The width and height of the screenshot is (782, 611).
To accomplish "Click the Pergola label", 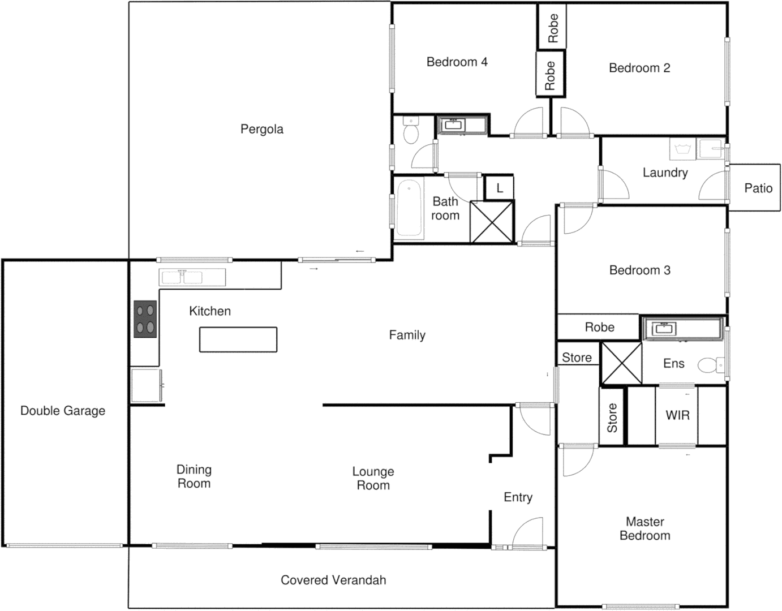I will coord(261,129).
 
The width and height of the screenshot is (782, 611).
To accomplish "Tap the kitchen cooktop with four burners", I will coord(145,319).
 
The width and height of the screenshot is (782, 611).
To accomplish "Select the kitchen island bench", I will coord(238,339).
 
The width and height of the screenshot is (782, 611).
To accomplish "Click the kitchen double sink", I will coord(182,277).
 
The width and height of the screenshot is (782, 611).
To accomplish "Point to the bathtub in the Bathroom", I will coord(409,208).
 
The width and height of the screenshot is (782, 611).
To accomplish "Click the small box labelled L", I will coord(499,188).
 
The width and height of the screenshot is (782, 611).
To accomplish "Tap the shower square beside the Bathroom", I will coord(492,222).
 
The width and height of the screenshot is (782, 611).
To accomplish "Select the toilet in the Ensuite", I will coord(710,365).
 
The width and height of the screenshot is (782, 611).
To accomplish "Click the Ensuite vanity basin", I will coord(662,329).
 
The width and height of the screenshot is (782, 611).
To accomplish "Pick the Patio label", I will coord(758,188).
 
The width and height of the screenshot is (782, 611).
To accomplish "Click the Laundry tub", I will coord(682,149).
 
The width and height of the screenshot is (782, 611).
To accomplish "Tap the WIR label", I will coord(677,415).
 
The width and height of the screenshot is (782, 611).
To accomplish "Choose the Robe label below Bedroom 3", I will coord(599,327).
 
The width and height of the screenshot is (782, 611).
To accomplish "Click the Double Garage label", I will coord(63,411).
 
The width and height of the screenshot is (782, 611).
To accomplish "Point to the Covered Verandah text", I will coord(333,580).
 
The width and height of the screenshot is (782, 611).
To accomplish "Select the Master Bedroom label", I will coord(644,528).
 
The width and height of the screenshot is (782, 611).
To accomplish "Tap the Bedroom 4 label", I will coord(457,62).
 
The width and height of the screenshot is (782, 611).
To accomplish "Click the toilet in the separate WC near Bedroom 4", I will coord(411,133).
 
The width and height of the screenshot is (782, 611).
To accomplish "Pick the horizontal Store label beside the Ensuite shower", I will coord(577,358).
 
